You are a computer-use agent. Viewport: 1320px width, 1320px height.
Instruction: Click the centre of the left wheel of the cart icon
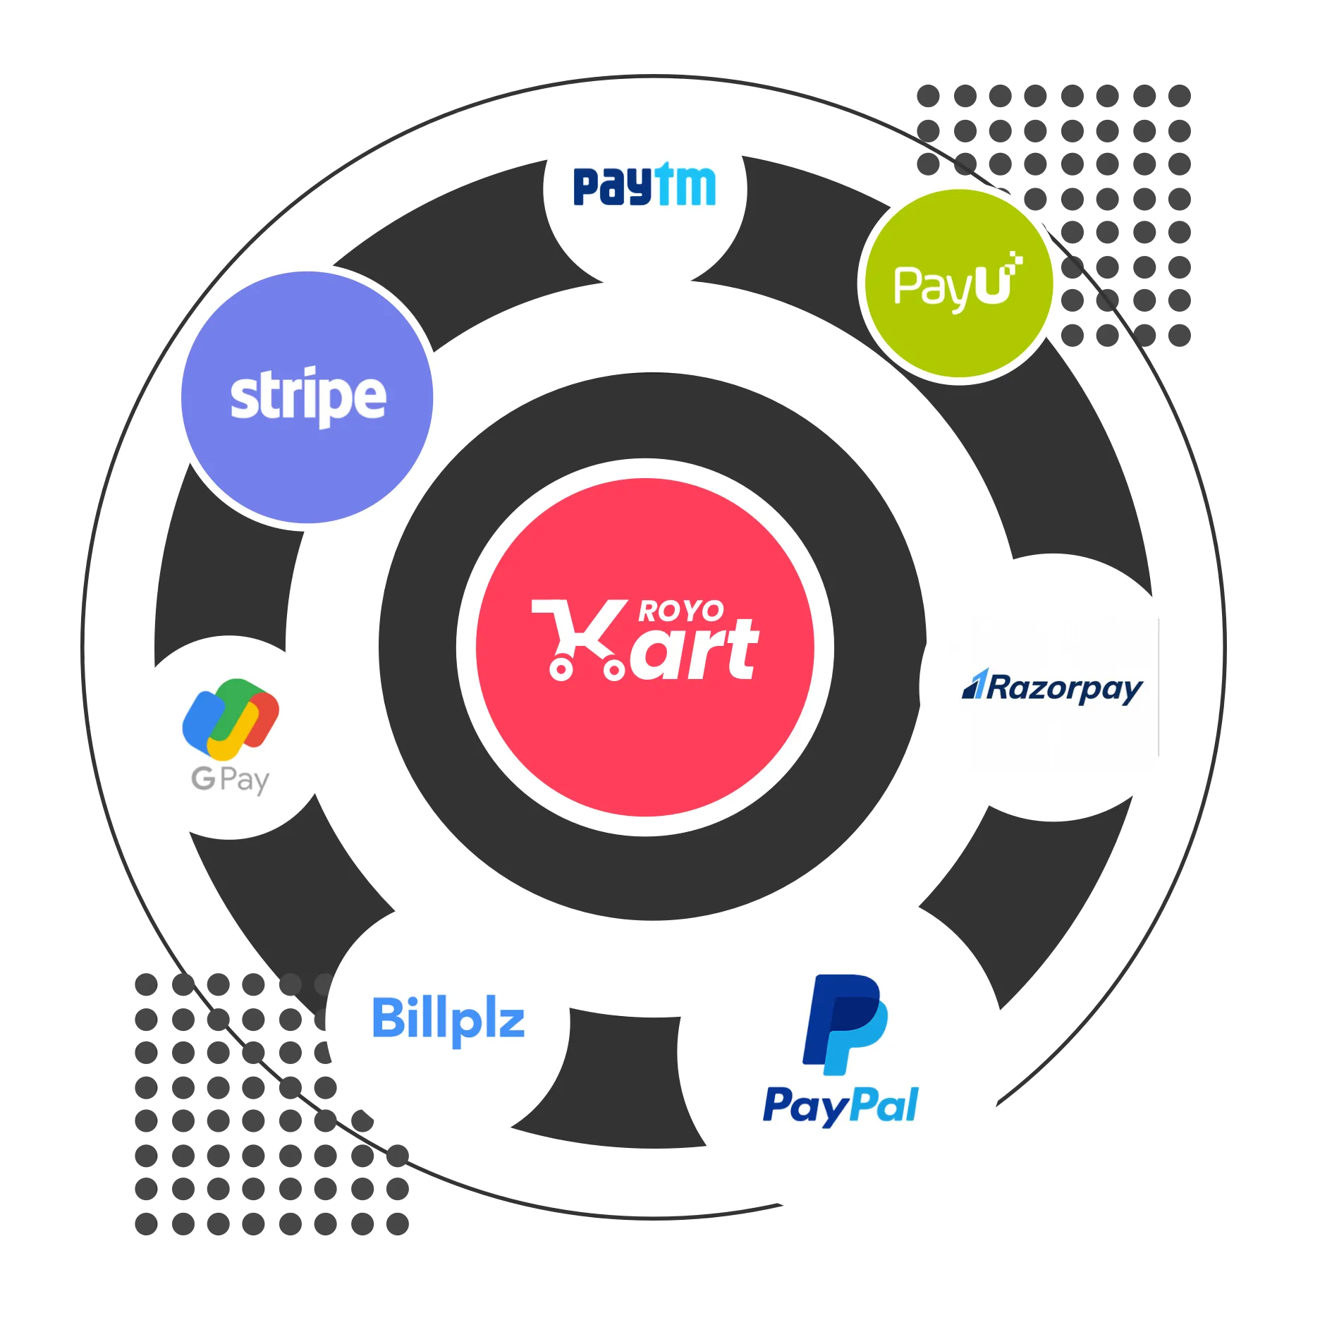pyautogui.click(x=561, y=668)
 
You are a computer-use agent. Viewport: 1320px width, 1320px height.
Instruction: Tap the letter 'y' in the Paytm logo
pyautogui.click(x=638, y=188)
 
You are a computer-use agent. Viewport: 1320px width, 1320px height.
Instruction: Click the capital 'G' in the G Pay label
pyautogui.click(x=203, y=778)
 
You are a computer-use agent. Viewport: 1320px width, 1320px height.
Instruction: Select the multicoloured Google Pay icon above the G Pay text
pyautogui.click(x=231, y=719)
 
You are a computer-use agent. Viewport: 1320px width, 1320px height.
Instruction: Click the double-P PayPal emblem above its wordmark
pyautogui.click(x=845, y=1025)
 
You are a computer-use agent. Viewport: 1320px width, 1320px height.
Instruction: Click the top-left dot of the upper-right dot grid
pyautogui.click(x=928, y=96)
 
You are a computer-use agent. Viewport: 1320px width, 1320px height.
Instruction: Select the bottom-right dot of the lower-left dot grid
pyautogui.click(x=398, y=1223)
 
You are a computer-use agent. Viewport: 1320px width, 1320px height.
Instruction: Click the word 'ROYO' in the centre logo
pyautogui.click(x=680, y=611)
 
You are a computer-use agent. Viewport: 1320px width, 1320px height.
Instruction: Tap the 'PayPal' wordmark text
pyautogui.click(x=841, y=1106)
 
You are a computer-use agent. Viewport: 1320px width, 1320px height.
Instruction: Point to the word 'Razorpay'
pyautogui.click(x=1065, y=689)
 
